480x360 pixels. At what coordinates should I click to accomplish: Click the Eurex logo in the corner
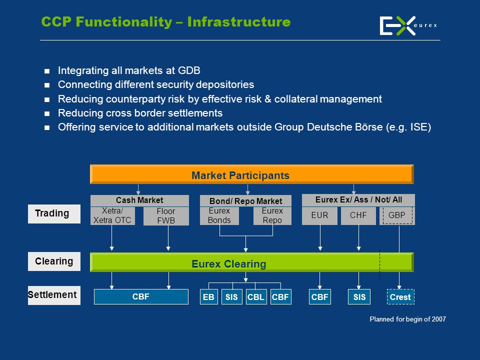(408, 25)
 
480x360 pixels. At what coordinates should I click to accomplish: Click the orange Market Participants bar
(251, 174)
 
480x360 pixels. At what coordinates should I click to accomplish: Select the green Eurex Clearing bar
(251, 262)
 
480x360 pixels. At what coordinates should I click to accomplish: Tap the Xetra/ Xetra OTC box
(112, 216)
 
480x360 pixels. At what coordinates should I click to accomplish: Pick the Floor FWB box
(166, 216)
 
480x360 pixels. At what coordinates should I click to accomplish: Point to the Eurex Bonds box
(219, 216)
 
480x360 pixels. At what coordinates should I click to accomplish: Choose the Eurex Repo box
(272, 216)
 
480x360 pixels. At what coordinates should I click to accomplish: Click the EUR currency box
(319, 216)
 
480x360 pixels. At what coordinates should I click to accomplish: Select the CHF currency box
(358, 216)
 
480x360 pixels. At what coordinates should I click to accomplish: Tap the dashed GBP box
(397, 216)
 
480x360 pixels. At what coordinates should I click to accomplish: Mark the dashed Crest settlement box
(400, 296)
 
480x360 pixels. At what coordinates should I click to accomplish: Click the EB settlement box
(209, 296)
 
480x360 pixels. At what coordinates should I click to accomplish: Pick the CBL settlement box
(256, 296)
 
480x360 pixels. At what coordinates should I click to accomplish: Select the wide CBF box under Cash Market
(141, 296)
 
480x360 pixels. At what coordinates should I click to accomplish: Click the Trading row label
(54, 213)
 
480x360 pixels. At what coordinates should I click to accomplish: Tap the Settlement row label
(54, 295)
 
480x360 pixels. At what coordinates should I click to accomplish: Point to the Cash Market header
(139, 200)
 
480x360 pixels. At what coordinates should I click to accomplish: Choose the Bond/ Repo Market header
(245, 201)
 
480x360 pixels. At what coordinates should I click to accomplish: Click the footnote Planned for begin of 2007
(408, 319)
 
